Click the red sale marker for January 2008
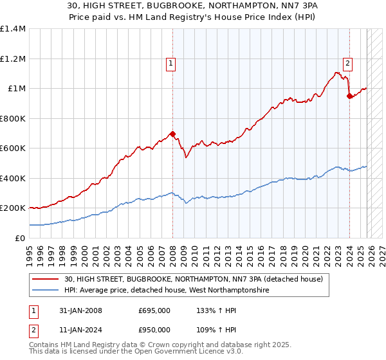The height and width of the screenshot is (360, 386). point(172,134)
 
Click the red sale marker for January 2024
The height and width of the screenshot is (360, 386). point(349,96)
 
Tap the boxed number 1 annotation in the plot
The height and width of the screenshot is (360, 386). point(171,63)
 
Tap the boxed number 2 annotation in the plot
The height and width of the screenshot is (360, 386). point(347,63)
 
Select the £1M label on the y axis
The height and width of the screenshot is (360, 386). point(16,89)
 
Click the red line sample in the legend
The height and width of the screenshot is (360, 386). point(46,278)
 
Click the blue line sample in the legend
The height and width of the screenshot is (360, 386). point(46,290)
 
